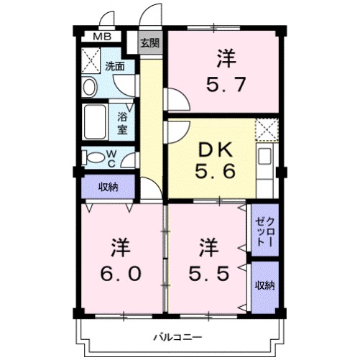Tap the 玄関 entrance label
point(149,43)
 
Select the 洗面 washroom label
point(115,66)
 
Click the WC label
point(111,156)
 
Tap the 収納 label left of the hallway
point(109,187)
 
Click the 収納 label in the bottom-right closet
point(264,285)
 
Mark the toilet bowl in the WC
point(92,156)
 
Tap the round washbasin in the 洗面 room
point(90,87)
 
